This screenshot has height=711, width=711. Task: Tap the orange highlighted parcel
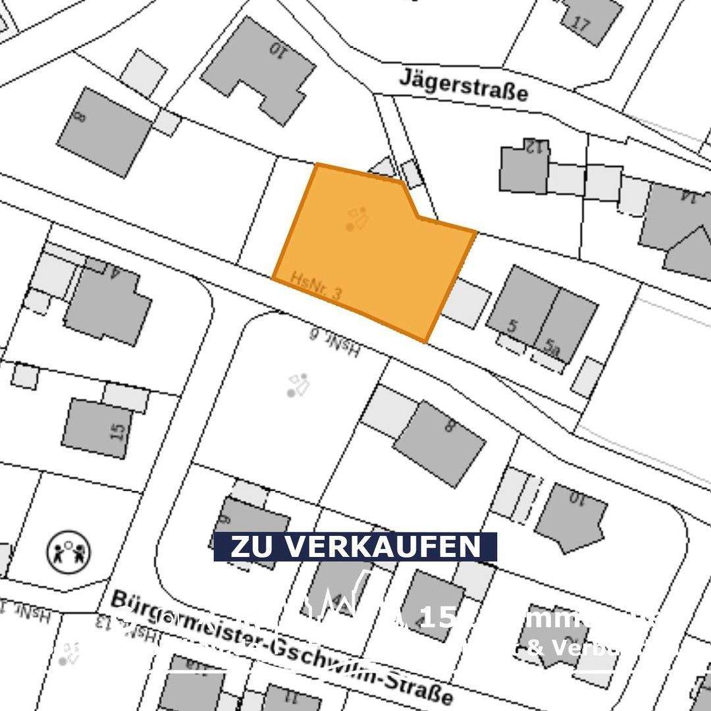(x=375, y=257)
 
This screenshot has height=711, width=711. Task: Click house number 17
(x=581, y=24)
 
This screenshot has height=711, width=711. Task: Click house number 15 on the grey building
(x=118, y=431)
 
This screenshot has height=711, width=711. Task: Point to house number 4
(x=116, y=272)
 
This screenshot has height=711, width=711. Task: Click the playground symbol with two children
(x=68, y=550)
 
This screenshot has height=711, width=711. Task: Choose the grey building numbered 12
(x=524, y=168)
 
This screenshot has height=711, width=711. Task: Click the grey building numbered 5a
(x=566, y=326)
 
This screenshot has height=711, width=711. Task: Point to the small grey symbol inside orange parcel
(x=356, y=218)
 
